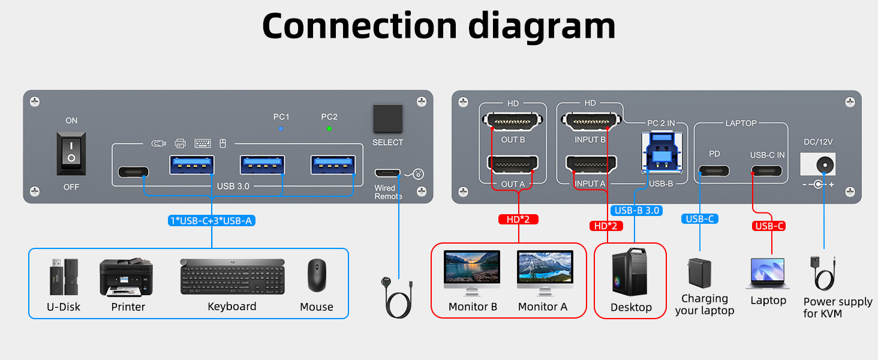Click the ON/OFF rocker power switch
pos(71,154)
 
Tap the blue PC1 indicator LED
pos(281,128)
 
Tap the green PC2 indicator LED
pos(329,128)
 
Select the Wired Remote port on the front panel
pos(389,174)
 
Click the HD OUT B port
pos(513,122)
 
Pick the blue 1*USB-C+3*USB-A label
pos(212,221)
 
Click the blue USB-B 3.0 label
pos(637,211)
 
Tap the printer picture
pos(126,277)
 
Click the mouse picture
pos(317,275)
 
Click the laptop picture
pos(768,274)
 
